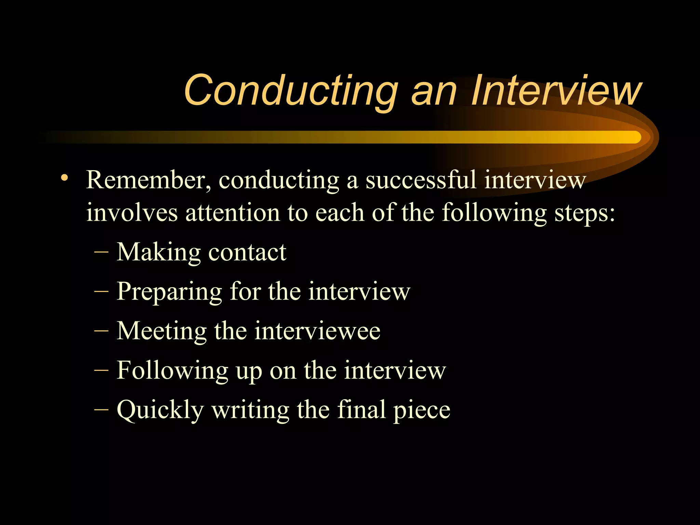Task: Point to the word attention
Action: click(232, 213)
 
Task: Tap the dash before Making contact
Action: click(101, 253)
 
